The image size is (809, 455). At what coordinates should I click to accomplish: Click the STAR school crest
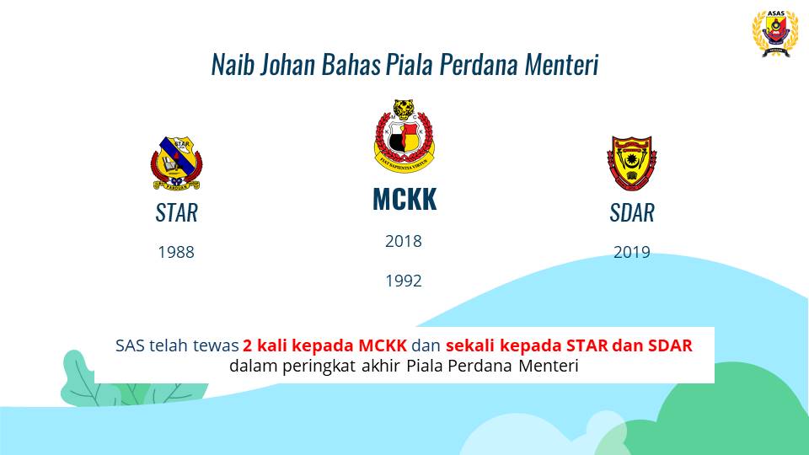coord(176,163)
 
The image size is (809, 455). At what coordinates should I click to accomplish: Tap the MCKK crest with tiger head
coord(404,136)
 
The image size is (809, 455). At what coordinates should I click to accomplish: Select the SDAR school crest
coord(631,163)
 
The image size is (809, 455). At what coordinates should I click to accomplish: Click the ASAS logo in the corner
coord(775,33)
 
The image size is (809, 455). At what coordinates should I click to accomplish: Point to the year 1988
coord(176,252)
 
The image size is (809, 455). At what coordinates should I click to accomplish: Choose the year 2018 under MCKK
coord(404,241)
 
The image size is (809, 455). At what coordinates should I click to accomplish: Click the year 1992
coord(404,281)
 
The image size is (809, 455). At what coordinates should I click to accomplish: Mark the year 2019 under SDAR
coord(631,252)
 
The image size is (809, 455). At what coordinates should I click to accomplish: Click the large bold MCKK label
coord(404,199)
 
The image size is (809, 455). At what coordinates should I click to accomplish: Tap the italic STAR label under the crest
coord(176,212)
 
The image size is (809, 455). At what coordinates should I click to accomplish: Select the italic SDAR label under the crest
coord(632,212)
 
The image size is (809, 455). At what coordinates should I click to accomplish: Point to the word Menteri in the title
coord(562,65)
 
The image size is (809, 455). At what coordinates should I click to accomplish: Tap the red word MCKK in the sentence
coord(383,345)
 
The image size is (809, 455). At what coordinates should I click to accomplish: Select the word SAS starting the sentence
coord(130,345)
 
